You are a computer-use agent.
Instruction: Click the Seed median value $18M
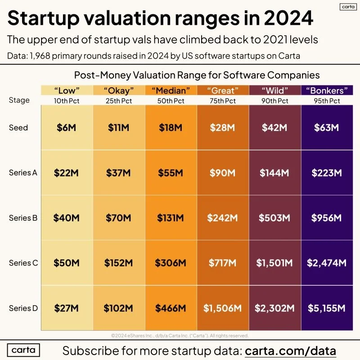click(171, 128)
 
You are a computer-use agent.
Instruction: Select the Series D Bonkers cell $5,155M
click(327, 308)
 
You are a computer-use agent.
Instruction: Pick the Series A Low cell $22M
click(67, 173)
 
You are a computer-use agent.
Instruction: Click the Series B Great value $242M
click(222, 218)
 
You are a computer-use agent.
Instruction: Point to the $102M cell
click(119, 308)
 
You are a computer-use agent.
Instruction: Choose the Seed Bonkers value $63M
click(327, 128)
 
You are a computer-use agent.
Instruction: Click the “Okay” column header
click(119, 90)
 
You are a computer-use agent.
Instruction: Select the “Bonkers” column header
click(327, 90)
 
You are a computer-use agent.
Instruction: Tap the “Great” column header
click(222, 90)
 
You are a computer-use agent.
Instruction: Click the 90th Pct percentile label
click(274, 101)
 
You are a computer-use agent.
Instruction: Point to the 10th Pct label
click(67, 101)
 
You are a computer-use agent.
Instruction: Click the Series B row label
click(23, 218)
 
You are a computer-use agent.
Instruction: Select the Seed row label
click(18, 128)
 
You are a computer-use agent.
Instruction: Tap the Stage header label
click(19, 100)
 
